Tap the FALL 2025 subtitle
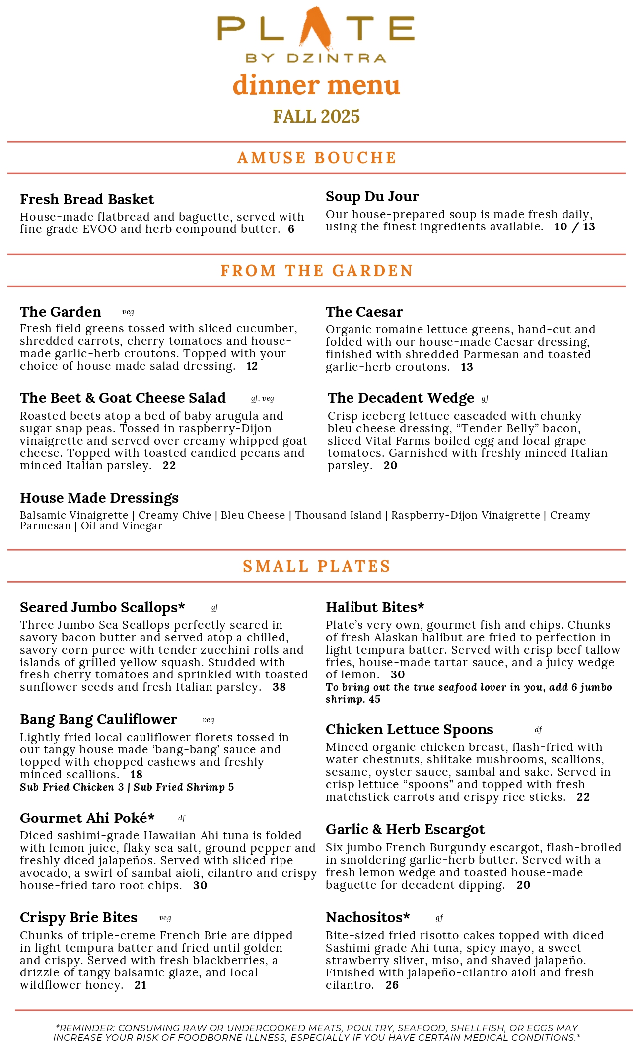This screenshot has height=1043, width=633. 316,117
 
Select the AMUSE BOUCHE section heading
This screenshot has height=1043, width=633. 317,158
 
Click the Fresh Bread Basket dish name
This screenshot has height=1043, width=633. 87,199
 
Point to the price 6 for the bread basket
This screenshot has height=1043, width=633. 291,229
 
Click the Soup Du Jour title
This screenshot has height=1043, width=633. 372,196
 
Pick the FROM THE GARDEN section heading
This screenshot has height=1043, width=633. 317,271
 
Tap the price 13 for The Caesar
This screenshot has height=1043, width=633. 467,367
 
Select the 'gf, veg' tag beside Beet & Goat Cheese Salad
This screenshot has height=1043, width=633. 262,398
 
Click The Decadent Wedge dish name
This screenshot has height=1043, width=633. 401,398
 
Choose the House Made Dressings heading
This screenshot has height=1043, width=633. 99,498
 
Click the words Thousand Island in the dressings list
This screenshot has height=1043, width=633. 338,515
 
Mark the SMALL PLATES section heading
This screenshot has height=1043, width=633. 317,566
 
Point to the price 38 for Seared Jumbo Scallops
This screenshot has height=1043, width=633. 279,687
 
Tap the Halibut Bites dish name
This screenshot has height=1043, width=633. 375,607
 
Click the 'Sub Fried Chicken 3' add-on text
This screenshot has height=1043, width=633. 71,787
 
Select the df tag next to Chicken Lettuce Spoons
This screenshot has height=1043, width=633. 538,730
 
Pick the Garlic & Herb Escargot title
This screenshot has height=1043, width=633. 405,829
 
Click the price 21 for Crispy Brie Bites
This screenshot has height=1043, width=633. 141,985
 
